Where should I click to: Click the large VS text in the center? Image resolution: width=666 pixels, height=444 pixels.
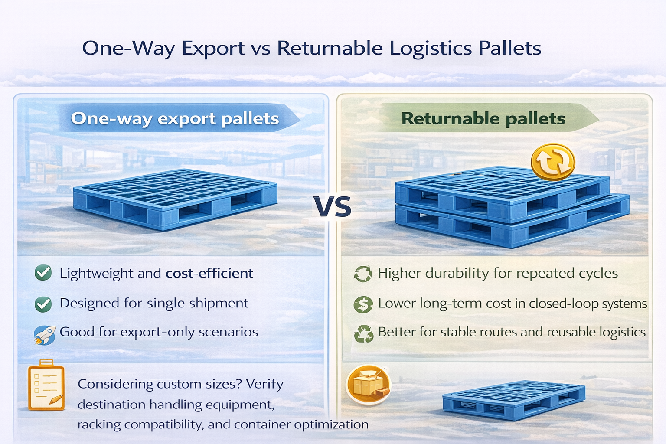pyautogui.click(x=333, y=207)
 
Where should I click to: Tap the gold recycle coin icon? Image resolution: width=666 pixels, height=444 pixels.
pyautogui.click(x=553, y=162)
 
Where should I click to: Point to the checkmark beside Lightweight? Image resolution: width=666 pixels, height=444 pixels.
pyautogui.click(x=43, y=273)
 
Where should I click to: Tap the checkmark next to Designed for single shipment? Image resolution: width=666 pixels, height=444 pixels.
pyautogui.click(x=43, y=304)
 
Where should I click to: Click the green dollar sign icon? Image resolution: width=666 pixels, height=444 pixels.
pyautogui.click(x=363, y=304)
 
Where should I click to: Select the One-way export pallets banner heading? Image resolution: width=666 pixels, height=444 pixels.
pyautogui.click(x=175, y=118)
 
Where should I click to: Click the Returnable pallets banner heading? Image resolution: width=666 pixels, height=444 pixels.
pyautogui.click(x=483, y=118)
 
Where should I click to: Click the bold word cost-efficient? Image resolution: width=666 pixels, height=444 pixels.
pyautogui.click(x=209, y=273)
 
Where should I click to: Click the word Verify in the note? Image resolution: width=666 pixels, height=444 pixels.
pyautogui.click(x=264, y=384)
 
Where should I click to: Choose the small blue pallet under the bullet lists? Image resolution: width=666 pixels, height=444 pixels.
pyautogui.click(x=514, y=400)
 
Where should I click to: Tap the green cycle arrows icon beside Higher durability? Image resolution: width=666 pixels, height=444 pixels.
pyautogui.click(x=363, y=274)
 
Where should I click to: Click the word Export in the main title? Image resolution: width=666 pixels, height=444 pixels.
pyautogui.click(x=213, y=48)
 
